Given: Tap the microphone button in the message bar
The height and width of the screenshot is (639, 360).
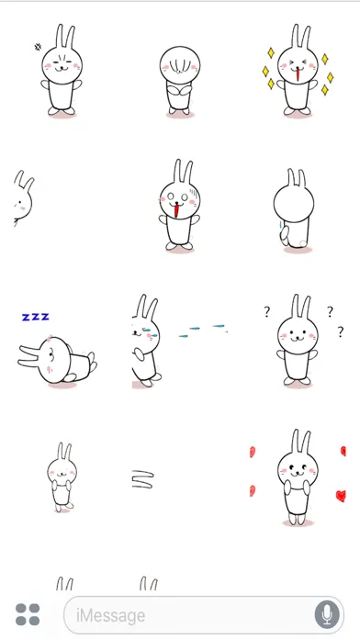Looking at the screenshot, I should (326, 613).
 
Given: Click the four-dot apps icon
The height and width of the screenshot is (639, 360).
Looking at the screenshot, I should (28, 614).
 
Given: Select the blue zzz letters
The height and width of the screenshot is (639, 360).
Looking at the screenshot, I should (35, 317).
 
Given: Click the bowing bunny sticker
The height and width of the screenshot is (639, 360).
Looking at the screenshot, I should (179, 78).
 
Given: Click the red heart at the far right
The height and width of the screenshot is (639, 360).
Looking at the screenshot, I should (341, 496).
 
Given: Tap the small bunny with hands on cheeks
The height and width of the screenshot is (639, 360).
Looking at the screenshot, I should (61, 477).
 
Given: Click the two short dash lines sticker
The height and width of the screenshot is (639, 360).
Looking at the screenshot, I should (141, 477).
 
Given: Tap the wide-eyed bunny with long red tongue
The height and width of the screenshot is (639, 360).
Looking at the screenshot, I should (180, 207).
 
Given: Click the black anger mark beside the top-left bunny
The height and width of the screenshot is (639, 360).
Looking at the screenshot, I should (38, 45).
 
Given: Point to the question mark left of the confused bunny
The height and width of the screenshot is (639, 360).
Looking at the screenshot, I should (265, 311).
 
